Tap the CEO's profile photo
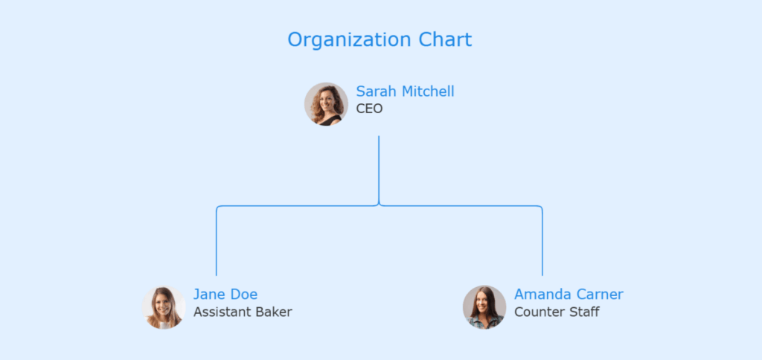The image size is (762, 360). (x=326, y=104)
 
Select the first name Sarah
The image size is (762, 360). (x=377, y=91)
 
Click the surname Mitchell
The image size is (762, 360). (x=428, y=91)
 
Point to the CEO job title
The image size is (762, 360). (x=369, y=109)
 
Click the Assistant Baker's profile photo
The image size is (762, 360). (x=164, y=307)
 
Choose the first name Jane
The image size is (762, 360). (x=209, y=295)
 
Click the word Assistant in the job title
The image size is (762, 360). (x=222, y=312)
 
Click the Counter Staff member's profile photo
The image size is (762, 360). (x=484, y=307)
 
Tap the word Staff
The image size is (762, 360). (x=583, y=312)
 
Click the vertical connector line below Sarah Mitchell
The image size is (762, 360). (x=379, y=167)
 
